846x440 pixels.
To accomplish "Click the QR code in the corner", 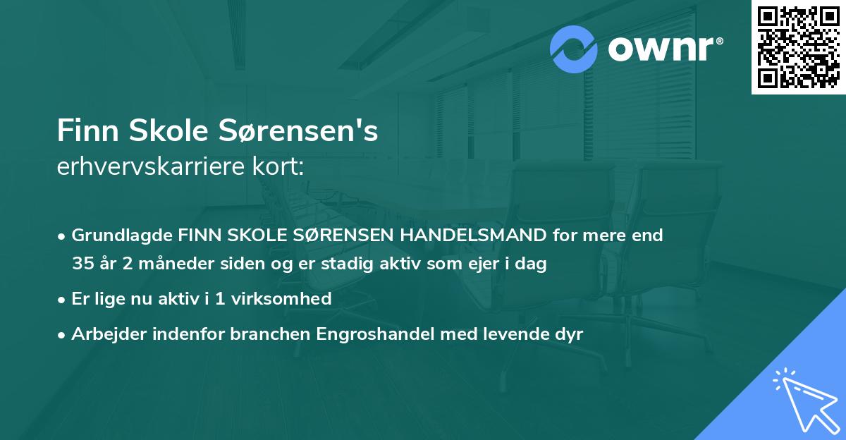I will pos(798,47).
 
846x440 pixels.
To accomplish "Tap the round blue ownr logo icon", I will pos(573,50).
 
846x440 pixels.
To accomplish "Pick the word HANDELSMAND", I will pos(467,235).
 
